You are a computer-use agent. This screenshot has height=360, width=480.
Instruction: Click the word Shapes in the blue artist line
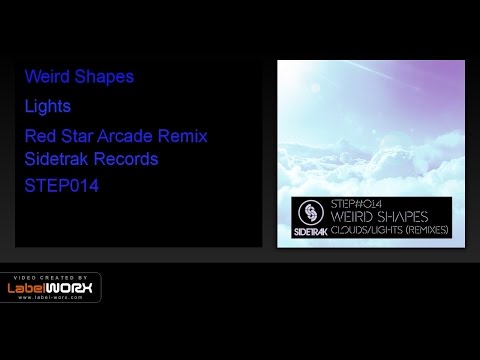[x=104, y=77]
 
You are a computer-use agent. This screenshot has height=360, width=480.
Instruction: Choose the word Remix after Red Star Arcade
[x=183, y=135]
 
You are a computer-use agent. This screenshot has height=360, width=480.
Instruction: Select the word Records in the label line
[x=127, y=159]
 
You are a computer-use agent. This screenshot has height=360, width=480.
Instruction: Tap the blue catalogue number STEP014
[x=65, y=187]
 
